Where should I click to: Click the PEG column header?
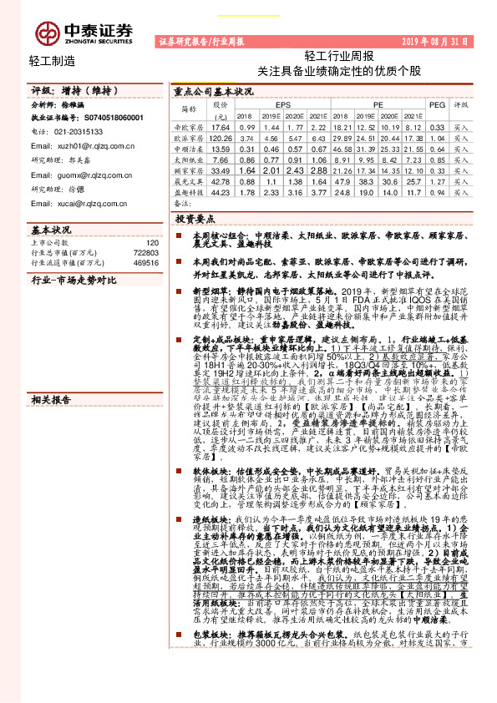[x=437, y=105]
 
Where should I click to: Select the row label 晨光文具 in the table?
[x=188, y=181]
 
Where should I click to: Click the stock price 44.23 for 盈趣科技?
[x=221, y=192]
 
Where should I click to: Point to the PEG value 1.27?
[x=437, y=181]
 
